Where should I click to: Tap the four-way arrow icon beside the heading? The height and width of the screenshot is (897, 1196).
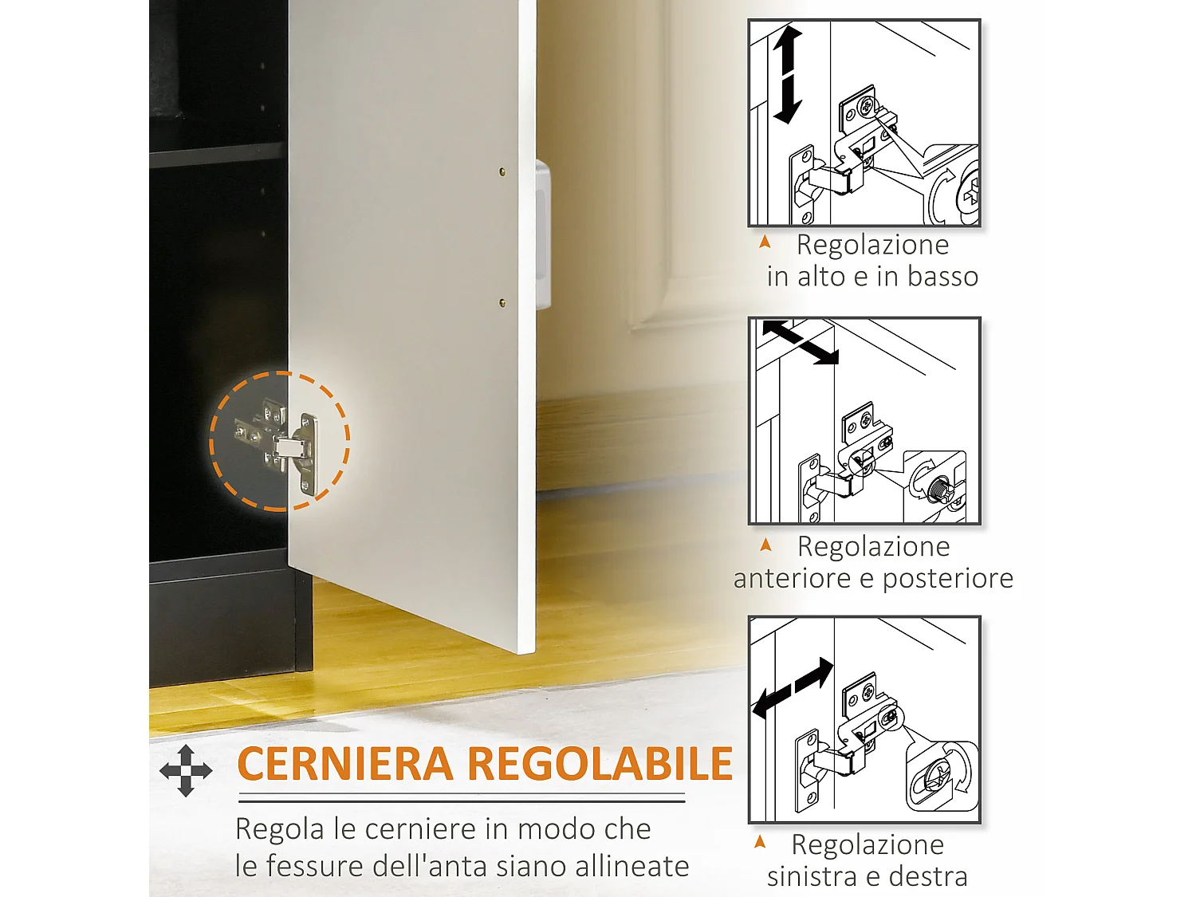pyautogui.click(x=186, y=770)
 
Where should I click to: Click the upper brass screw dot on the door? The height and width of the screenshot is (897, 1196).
pyautogui.click(x=502, y=171)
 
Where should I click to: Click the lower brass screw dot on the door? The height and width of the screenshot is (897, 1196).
pyautogui.click(x=502, y=303)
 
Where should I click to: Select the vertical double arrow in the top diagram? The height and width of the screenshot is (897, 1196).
pyautogui.click(x=787, y=74)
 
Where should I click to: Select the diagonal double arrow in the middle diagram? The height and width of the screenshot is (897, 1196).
pyautogui.click(x=800, y=342)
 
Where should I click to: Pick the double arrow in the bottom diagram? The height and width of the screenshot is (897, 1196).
pyautogui.click(x=793, y=688)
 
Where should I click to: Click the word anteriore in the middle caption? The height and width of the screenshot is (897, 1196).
pyautogui.click(x=792, y=578)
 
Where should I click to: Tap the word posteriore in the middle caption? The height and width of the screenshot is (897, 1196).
pyautogui.click(x=947, y=578)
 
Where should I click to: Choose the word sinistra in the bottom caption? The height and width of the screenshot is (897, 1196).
pyautogui.click(x=812, y=876)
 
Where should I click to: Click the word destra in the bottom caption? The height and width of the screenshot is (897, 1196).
pyautogui.click(x=927, y=876)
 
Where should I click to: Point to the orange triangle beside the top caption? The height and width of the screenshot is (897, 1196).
pyautogui.click(x=765, y=242)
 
